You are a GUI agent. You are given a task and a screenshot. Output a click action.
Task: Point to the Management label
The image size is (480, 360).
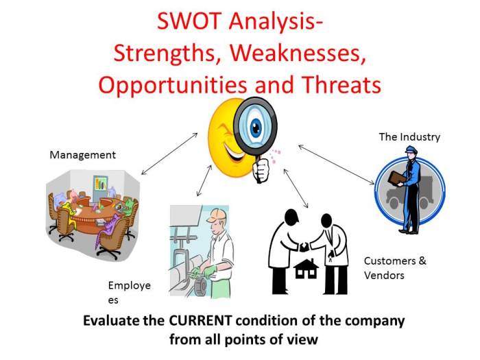82,155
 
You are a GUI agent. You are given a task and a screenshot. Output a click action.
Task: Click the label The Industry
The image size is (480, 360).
409,137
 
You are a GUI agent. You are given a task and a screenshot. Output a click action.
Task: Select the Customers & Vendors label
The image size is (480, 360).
394,268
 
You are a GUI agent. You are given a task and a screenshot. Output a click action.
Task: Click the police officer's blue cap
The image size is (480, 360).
410,150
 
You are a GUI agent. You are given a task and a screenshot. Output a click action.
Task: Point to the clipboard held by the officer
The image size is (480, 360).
396,178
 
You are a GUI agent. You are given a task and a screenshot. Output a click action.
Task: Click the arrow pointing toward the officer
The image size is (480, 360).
336,165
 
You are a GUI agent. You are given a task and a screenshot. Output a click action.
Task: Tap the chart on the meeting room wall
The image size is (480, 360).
101,183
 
